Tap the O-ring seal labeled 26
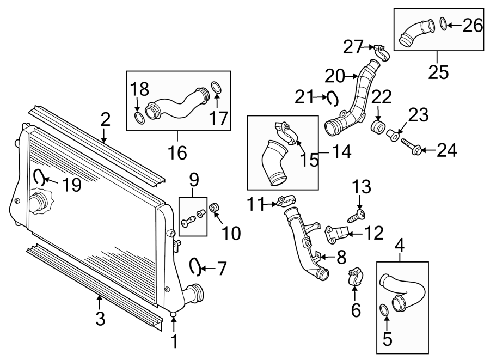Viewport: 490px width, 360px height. (443, 24)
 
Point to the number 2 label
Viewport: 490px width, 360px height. (105, 119)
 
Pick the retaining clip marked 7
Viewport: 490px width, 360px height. (194, 265)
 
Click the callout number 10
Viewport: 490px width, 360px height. (230, 234)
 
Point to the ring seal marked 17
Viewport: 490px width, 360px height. (216, 87)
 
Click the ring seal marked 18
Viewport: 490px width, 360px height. (139, 117)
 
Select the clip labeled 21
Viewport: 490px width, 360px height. (332, 98)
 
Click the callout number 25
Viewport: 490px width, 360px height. (438, 73)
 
